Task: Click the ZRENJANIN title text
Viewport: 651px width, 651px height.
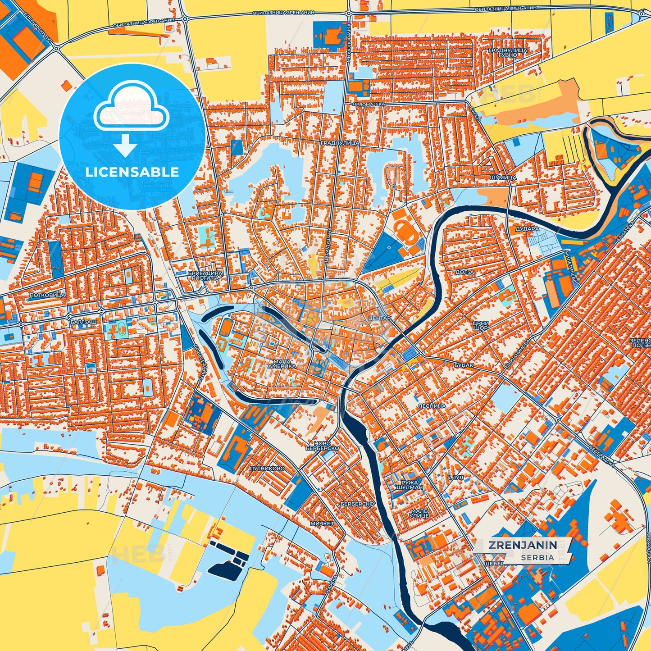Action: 523,545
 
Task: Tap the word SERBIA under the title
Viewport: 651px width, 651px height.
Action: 537,557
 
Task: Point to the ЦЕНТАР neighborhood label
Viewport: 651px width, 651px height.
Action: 379,318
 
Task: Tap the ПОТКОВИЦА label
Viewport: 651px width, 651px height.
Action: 47,295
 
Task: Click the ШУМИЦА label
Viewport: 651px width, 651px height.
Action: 502,178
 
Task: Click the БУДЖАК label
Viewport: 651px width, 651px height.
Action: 464,365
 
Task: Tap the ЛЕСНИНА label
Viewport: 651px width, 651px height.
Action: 432,406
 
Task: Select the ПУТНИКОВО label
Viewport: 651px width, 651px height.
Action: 267,469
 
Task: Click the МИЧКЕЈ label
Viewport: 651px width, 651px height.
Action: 321,524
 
